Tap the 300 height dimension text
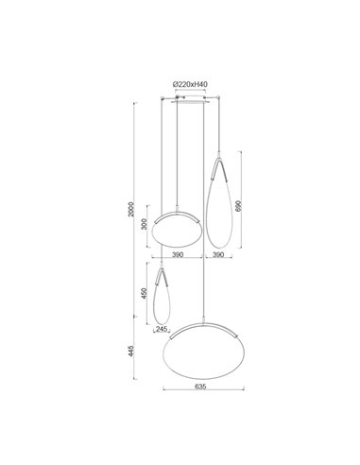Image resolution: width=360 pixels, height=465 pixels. click(144, 226)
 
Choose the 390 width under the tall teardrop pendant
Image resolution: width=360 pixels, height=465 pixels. click(217, 255)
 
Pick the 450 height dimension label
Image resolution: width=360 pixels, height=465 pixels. click(144, 294)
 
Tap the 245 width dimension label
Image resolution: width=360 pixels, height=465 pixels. click(161, 331)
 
